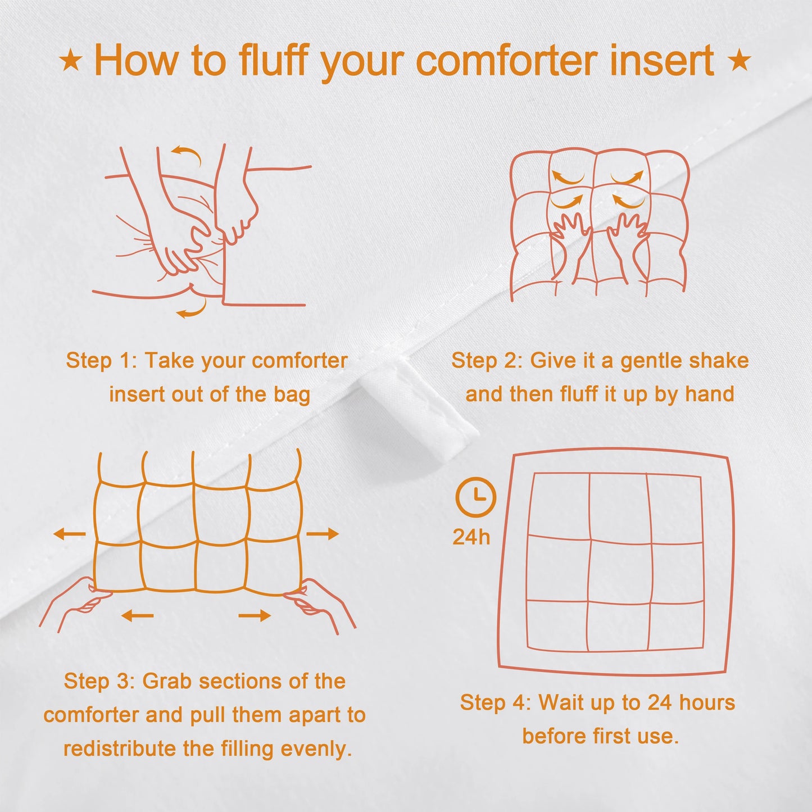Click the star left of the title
[71, 60]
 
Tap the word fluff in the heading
[274, 60]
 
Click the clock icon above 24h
[475, 497]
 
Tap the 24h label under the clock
[471, 537]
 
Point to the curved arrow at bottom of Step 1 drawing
[192, 310]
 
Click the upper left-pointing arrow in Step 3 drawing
[70, 534]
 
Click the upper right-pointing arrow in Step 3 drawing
[323, 534]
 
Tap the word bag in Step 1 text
[292, 394]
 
